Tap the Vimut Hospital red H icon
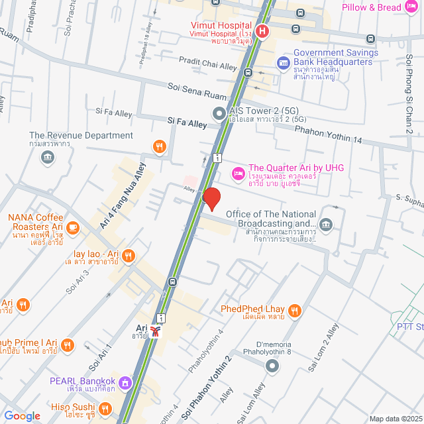pyautogui.click(x=262, y=30)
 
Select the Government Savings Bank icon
pyautogui.click(x=283, y=63)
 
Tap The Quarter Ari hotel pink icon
pyautogui.click(x=237, y=173)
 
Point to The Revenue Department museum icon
pyautogui.click(x=48, y=156)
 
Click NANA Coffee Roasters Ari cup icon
pyautogui.click(x=72, y=228)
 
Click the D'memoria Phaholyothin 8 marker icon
pyautogui.click(x=271, y=366)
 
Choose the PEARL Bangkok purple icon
pyautogui.click(x=125, y=382)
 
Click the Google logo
pyautogui.click(x=22, y=415)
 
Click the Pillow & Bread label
pyautogui.click(x=372, y=7)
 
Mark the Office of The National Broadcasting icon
pyautogui.click(x=326, y=224)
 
